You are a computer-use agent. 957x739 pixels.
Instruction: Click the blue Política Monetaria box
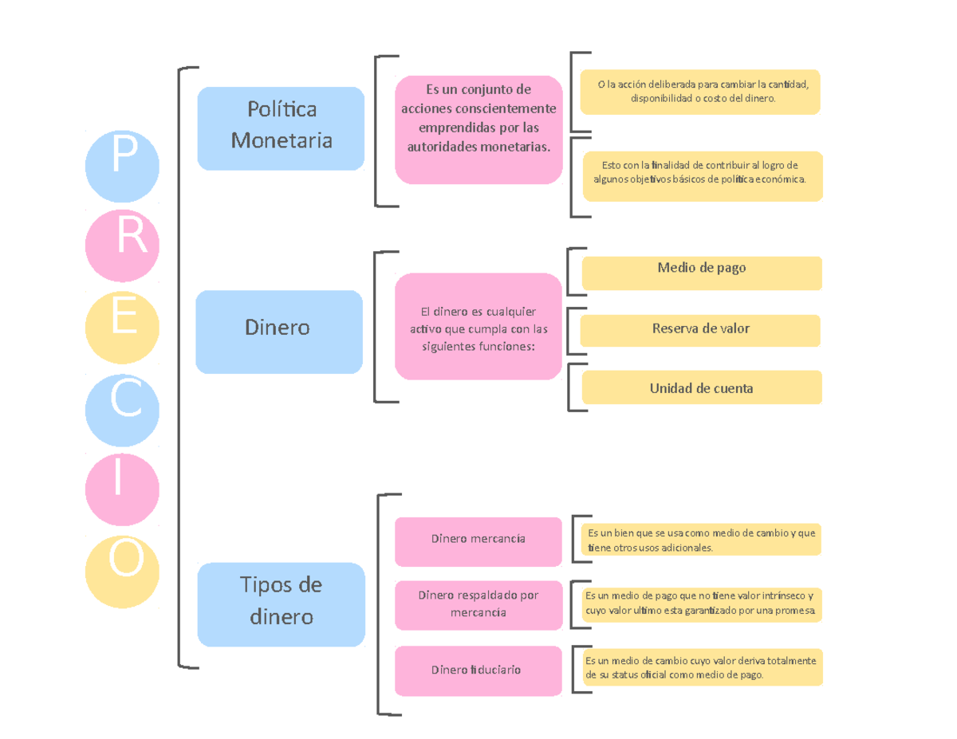tap(281, 128)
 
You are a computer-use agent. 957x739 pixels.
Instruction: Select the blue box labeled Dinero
tap(279, 331)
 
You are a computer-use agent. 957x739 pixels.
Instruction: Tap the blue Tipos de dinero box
tap(281, 603)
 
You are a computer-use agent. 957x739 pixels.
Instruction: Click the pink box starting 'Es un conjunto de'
tap(478, 130)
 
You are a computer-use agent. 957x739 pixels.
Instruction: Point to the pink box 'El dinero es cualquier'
tap(478, 326)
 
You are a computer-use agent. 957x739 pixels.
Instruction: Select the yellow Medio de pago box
tap(702, 273)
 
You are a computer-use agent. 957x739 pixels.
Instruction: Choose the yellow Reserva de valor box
tap(700, 330)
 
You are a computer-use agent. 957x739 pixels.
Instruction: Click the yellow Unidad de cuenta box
tap(702, 387)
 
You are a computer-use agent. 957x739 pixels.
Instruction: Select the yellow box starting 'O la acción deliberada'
tap(699, 92)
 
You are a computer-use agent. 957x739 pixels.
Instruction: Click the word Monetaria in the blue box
tap(281, 141)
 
